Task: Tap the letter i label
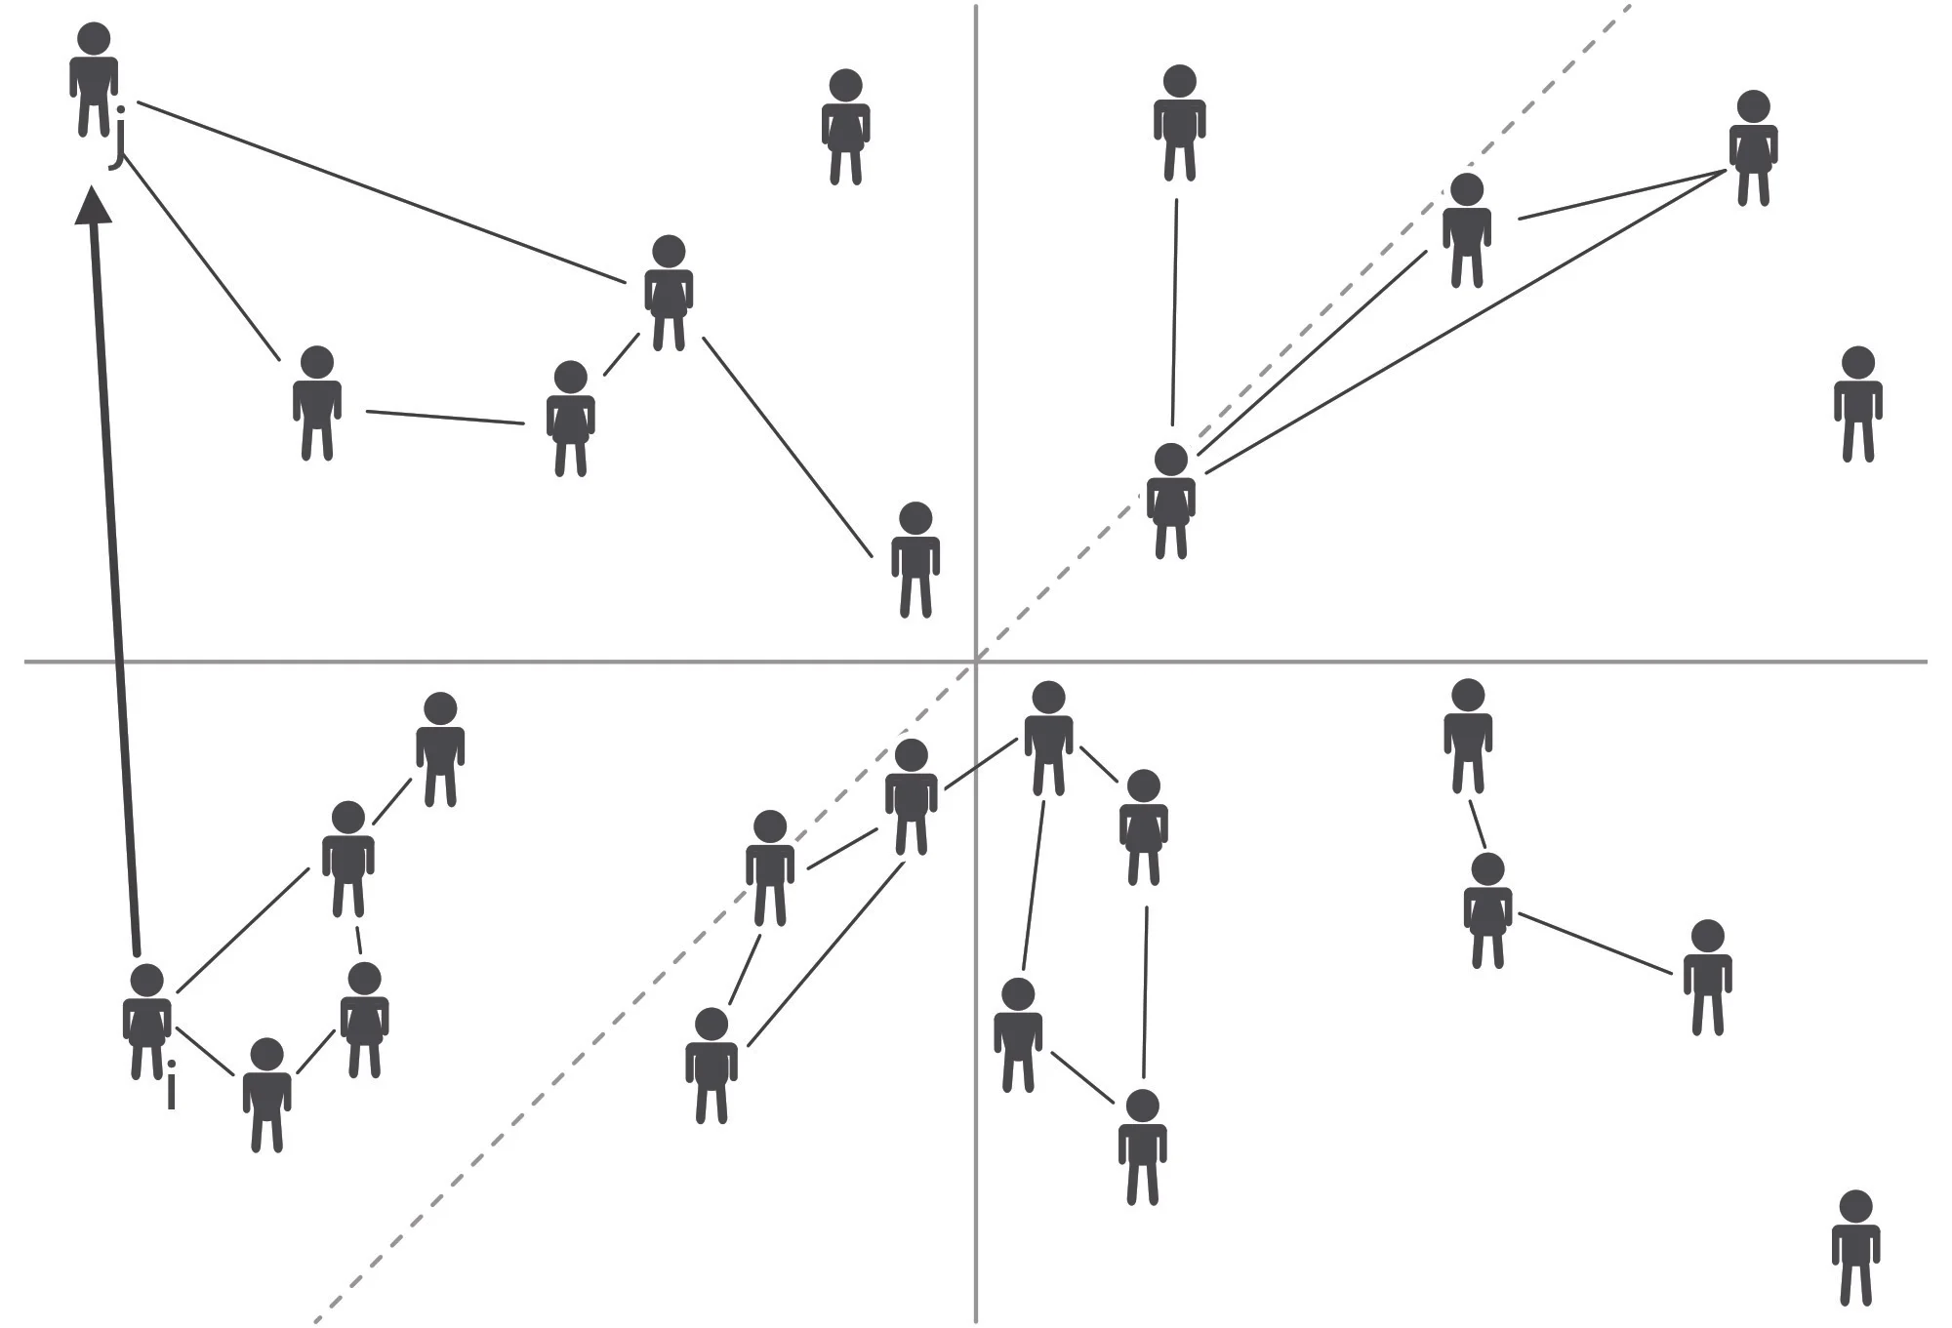coord(171,1085)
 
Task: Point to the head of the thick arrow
coord(94,205)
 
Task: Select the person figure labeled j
coord(94,80)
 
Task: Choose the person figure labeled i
coord(147,1022)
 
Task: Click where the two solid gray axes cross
coord(976,662)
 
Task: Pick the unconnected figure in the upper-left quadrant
coord(845,127)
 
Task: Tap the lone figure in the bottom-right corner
coord(1855,1248)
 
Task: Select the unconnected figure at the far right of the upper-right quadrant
coord(1857,404)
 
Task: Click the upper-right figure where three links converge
coord(1171,502)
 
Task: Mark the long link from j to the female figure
coord(382,192)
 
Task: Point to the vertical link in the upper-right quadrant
coord(1174,313)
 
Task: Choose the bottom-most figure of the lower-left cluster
coord(266,1095)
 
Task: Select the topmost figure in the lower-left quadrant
coord(440,750)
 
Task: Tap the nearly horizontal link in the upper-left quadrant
coord(445,418)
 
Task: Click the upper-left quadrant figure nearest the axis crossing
coord(915,560)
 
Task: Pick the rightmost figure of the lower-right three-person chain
coord(1708,978)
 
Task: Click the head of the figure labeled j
coord(94,40)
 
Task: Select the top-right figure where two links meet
coord(1754,148)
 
